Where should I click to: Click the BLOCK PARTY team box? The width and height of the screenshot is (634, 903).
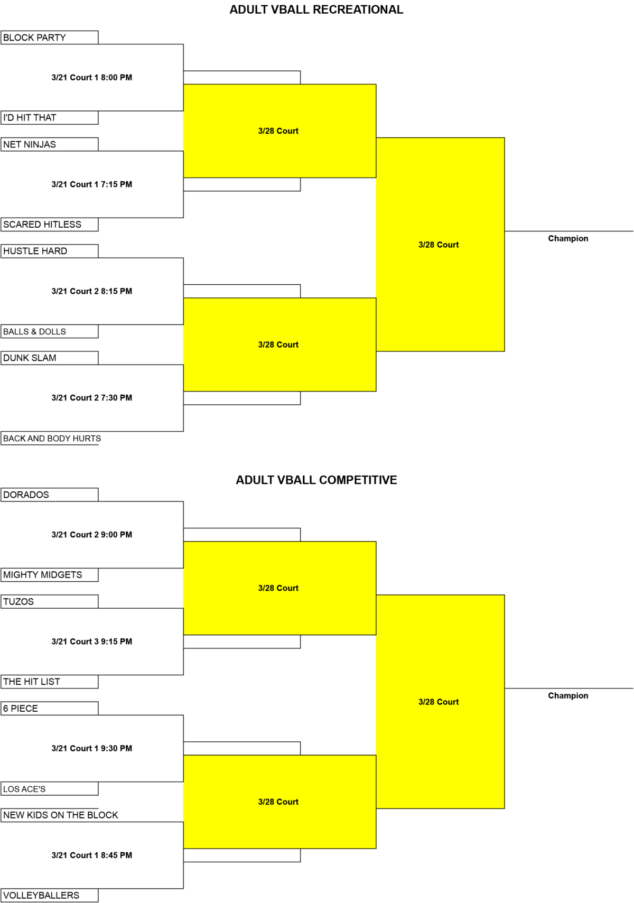tap(49, 38)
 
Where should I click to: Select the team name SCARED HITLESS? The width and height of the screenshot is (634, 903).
tap(42, 225)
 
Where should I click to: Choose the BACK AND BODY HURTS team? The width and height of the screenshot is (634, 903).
tap(52, 438)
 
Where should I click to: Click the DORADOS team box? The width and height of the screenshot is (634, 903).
tap(49, 495)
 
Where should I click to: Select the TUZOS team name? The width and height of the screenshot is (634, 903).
tap(18, 602)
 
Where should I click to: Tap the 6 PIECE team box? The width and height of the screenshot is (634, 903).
tap(49, 708)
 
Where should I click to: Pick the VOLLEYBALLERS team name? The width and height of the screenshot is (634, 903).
tap(42, 896)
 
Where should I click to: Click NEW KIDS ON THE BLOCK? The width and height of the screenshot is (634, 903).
tap(61, 815)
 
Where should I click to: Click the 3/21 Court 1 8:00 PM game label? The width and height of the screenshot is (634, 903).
tap(92, 77)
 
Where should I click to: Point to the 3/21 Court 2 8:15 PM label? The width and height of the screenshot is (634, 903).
tap(92, 291)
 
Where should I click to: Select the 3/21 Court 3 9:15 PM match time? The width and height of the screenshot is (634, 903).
tap(92, 641)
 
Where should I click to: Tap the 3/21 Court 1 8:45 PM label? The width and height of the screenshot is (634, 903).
tap(92, 855)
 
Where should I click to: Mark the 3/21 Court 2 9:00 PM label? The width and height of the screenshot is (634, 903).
tap(92, 535)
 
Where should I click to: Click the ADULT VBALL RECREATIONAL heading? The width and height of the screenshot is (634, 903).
tap(316, 10)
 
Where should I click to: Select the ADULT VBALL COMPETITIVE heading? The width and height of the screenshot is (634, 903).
tap(316, 480)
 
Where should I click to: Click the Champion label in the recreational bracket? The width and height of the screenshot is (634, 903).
tap(568, 238)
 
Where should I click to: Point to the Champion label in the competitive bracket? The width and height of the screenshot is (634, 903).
tap(568, 695)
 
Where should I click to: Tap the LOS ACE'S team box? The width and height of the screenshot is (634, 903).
tap(49, 789)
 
